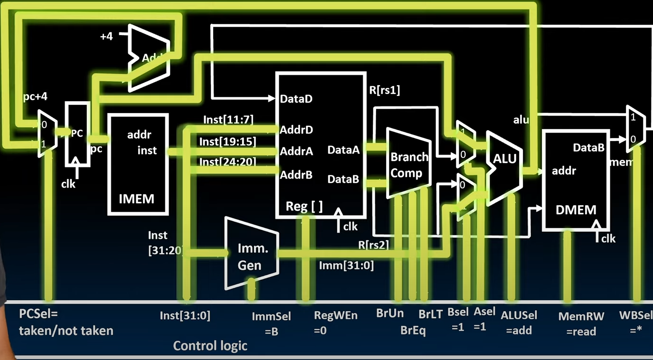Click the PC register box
[77, 134]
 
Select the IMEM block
[138, 164]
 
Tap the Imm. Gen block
[250, 256]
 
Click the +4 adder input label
[106, 36]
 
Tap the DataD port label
[296, 99]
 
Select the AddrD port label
[296, 130]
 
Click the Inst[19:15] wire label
[227, 142]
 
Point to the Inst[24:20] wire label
[227, 162]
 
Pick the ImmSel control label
[271, 316]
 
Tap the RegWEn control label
[336, 315]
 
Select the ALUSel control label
[519, 315]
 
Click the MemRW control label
[581, 316]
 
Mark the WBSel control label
[635, 315]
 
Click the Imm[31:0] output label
[346, 265]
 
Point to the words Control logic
[210, 345]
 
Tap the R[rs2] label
[373, 245]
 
